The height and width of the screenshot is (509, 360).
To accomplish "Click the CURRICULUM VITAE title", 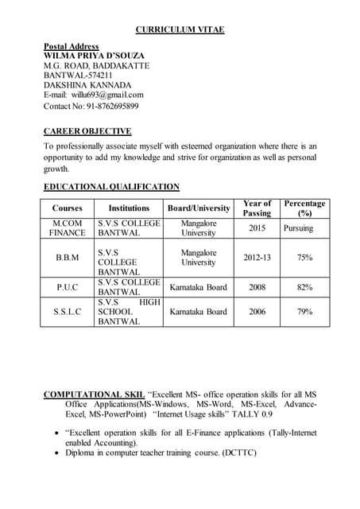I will (x=180, y=29).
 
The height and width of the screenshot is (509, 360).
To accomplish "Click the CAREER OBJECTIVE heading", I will (x=87, y=131).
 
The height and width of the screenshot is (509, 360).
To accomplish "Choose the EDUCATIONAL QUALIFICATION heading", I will (x=111, y=187).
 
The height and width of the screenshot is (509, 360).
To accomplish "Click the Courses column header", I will (x=67, y=208).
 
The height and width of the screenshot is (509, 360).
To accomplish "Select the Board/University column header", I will (x=198, y=208).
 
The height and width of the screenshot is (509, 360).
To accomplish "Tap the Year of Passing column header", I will (x=257, y=208).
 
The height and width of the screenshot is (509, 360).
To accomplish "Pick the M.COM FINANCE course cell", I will (x=67, y=228).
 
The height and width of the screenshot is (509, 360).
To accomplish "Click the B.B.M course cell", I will (x=67, y=258).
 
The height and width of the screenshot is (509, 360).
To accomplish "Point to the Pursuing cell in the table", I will (x=298, y=228).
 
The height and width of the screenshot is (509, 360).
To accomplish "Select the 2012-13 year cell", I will (x=257, y=258).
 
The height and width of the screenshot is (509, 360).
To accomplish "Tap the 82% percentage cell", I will (x=304, y=287).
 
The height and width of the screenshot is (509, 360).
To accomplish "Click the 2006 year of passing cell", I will (x=257, y=312).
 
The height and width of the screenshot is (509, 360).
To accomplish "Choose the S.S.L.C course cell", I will (x=67, y=312).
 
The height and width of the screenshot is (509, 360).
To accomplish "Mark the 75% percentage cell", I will (x=304, y=258).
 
